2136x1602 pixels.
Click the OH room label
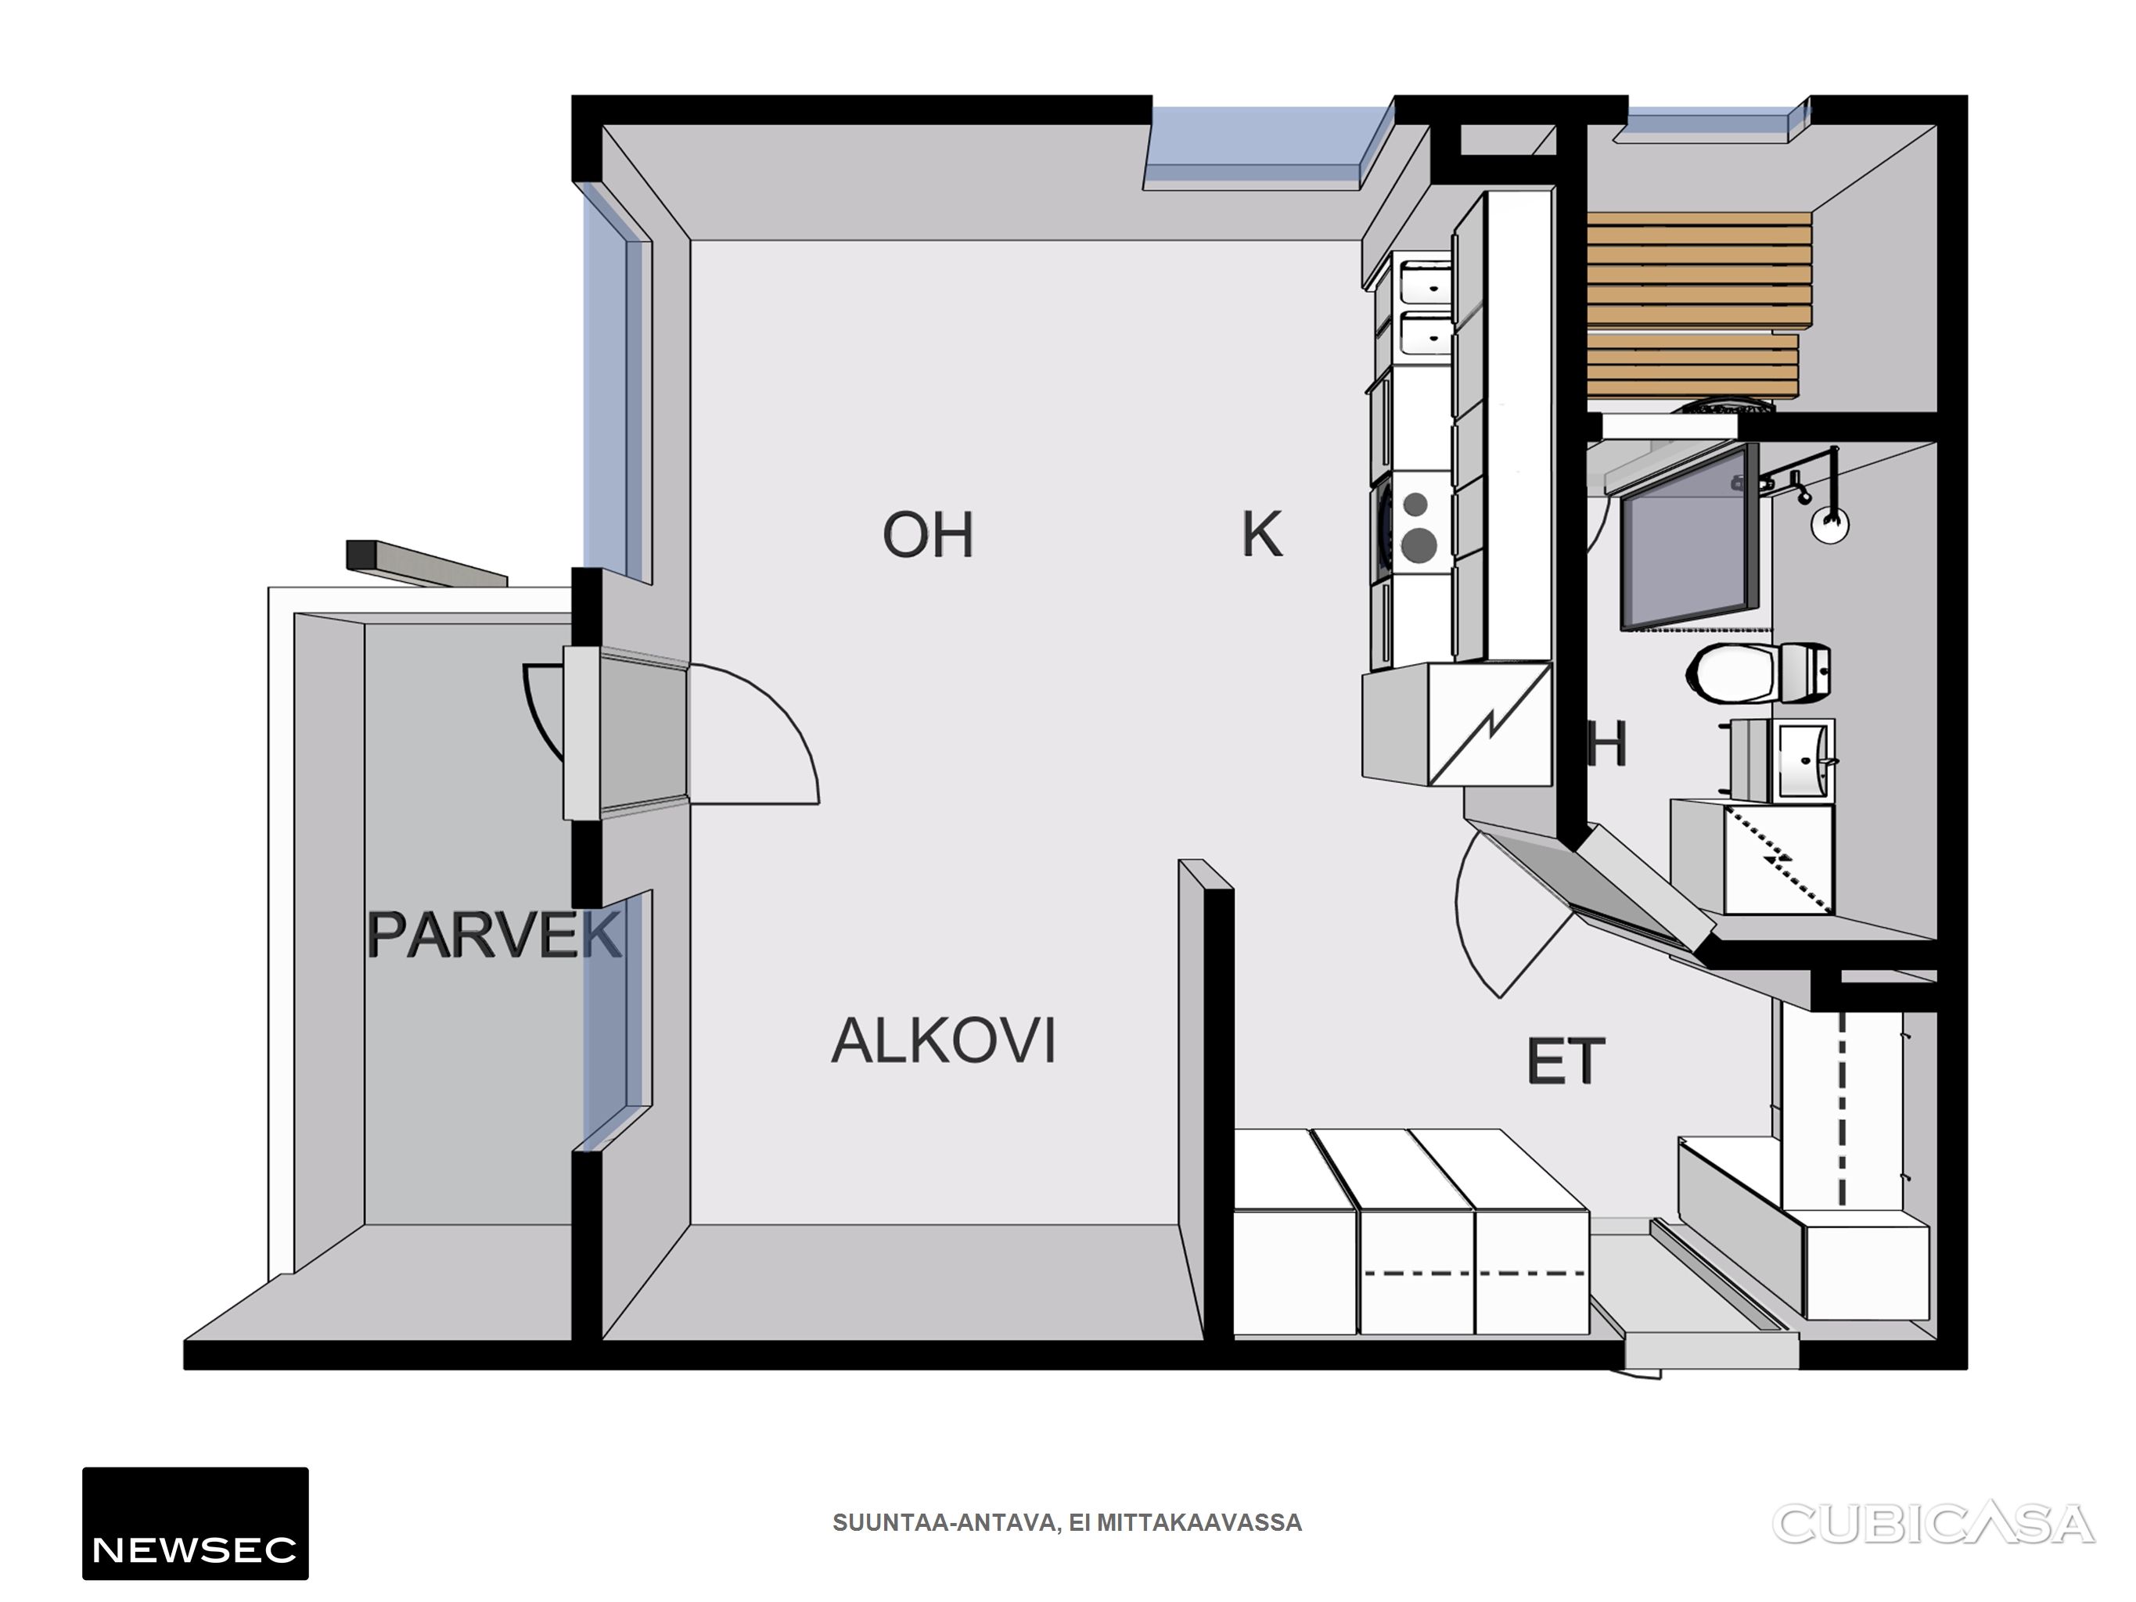point(928,535)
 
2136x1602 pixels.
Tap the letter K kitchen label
point(1262,534)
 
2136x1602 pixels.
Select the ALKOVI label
point(944,1041)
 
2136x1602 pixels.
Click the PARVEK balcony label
point(494,935)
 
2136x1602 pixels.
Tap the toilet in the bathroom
point(1758,673)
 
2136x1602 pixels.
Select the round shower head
point(1829,526)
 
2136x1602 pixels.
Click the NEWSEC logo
point(195,1523)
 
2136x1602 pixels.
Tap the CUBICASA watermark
point(1933,1524)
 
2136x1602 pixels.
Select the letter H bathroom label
point(1608,744)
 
